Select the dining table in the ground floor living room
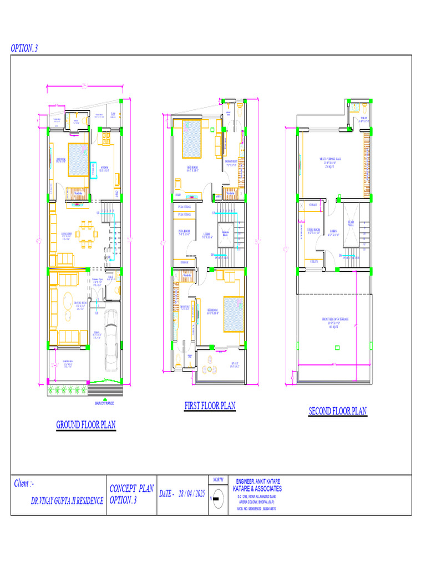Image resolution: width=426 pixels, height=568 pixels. (87, 234)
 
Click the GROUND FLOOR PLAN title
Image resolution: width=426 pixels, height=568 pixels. (86, 425)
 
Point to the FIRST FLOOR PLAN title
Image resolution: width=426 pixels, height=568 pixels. (210, 406)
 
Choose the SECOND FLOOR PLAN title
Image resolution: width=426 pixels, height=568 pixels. (338, 411)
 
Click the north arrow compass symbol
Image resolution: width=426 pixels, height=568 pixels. (217, 498)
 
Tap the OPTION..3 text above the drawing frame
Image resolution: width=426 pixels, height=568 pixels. (24, 48)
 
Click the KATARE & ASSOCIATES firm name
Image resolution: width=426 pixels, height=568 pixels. (258, 489)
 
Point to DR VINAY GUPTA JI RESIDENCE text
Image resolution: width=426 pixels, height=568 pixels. (67, 501)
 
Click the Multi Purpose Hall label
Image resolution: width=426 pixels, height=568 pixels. (331, 161)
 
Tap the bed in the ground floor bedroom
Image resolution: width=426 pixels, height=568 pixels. (78, 159)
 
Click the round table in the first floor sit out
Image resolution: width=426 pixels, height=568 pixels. (210, 369)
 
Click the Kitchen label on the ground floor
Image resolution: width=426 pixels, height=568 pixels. (104, 169)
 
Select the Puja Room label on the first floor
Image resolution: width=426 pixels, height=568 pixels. (184, 232)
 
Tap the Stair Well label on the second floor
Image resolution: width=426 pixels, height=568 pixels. (351, 224)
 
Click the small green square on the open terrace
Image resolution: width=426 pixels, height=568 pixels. (338, 348)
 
